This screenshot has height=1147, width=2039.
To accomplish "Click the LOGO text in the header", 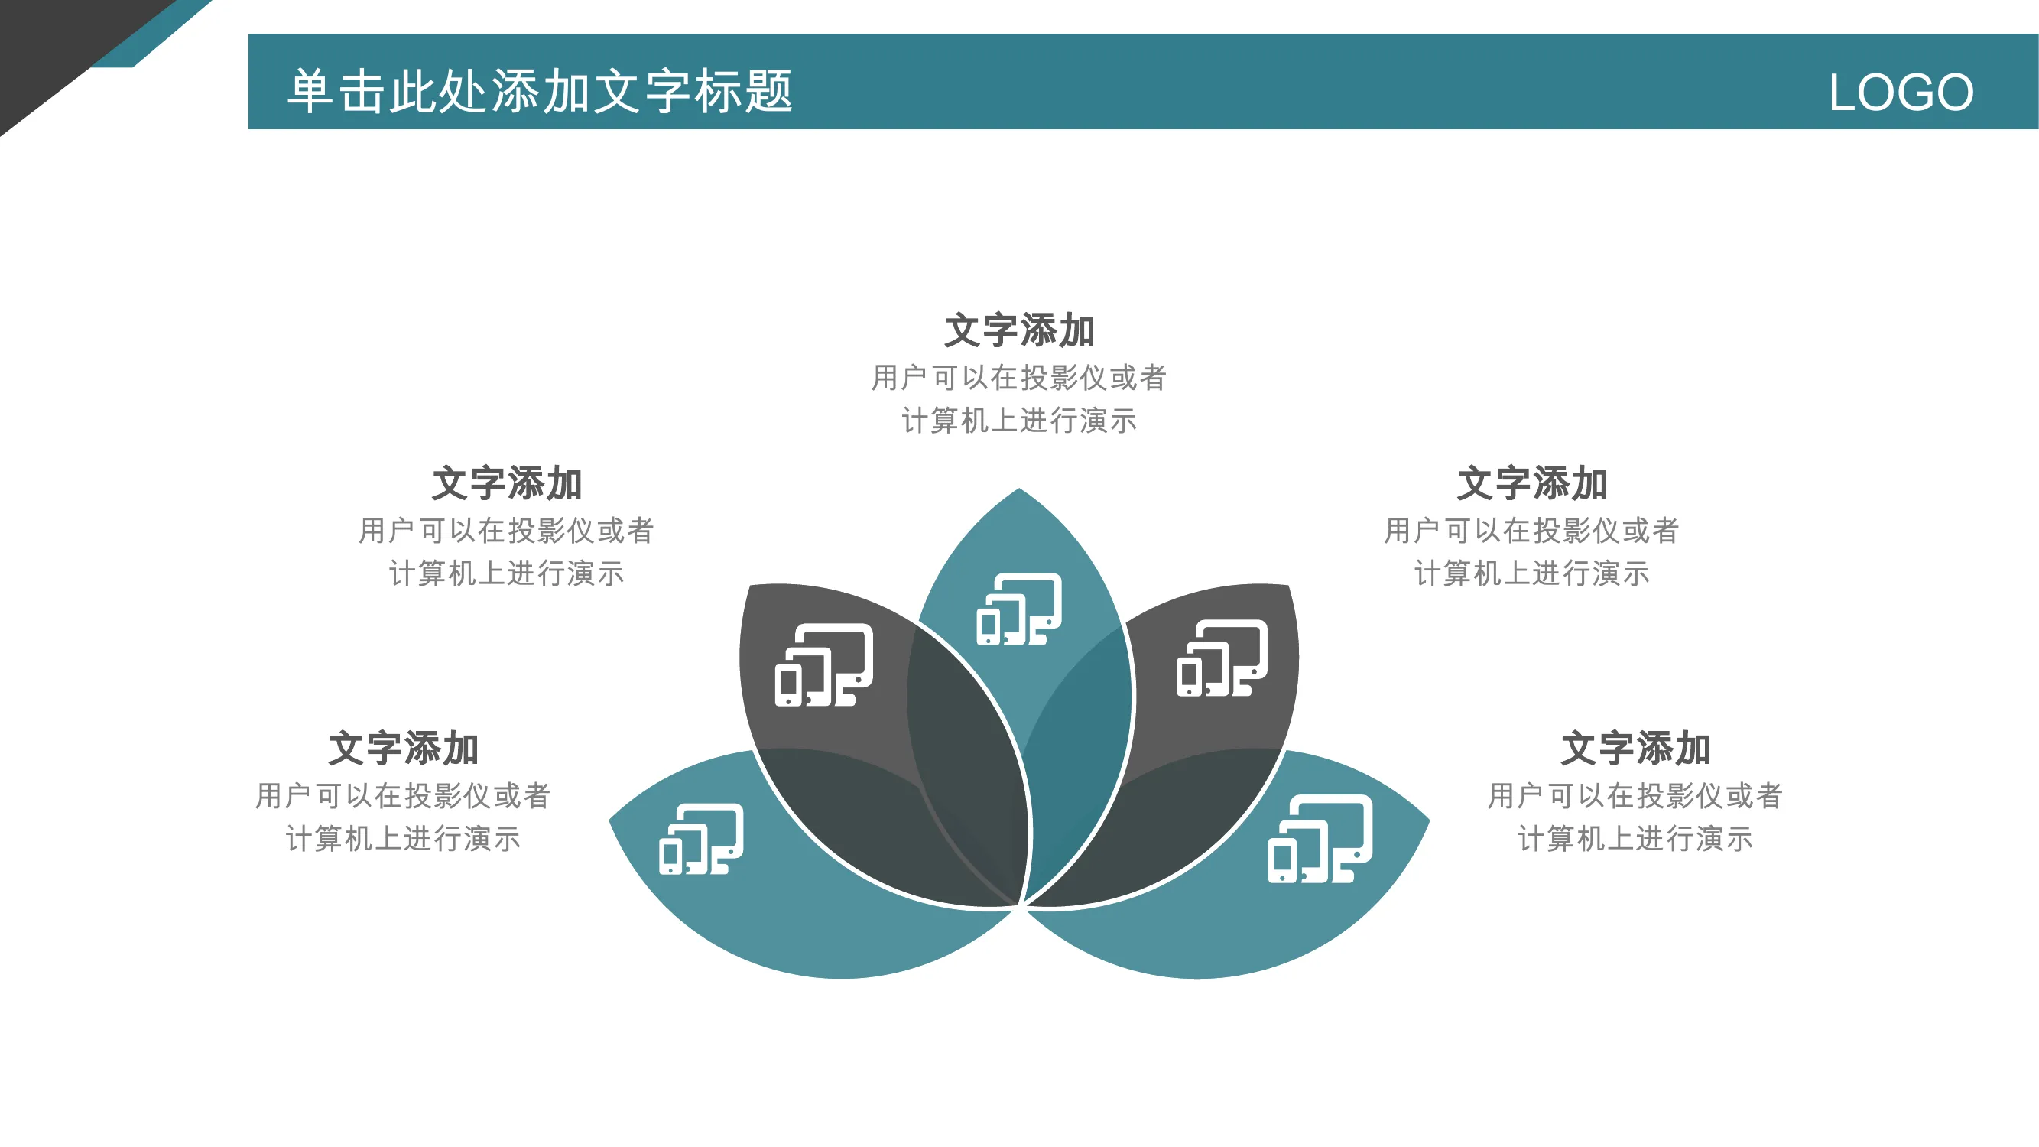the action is pyautogui.click(x=1901, y=93).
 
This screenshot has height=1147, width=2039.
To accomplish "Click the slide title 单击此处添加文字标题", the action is pyautogui.click(x=540, y=91).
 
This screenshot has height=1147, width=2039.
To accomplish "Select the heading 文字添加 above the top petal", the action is pyautogui.click(x=1020, y=330).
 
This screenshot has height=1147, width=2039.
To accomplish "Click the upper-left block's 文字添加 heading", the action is pyautogui.click(x=507, y=483).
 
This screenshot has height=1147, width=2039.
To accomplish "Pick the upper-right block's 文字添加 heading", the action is pyautogui.click(x=1531, y=483).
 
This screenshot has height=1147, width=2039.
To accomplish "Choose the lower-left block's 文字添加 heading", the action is pyautogui.click(x=404, y=748).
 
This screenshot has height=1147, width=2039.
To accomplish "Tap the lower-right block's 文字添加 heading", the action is pyautogui.click(x=1635, y=748).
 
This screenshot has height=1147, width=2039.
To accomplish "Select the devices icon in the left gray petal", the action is pyautogui.click(x=824, y=664).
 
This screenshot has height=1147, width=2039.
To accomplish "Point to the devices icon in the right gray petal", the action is pyautogui.click(x=1222, y=658).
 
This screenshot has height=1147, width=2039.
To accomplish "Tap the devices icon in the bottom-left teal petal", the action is pyautogui.click(x=701, y=838).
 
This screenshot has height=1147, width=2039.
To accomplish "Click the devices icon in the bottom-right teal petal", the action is pyautogui.click(x=1320, y=838).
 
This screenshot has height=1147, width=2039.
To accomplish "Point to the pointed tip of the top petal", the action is pyautogui.click(x=1020, y=489).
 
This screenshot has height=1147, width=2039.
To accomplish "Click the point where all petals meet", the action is pyautogui.click(x=1021, y=906).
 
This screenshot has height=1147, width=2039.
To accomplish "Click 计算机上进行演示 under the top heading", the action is pyautogui.click(x=1020, y=421).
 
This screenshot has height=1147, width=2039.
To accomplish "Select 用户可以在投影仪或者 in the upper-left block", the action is pyautogui.click(x=507, y=531).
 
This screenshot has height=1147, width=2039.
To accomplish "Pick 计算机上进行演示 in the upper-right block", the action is pyautogui.click(x=1531, y=573).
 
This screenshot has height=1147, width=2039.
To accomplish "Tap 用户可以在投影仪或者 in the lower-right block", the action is pyautogui.click(x=1635, y=795).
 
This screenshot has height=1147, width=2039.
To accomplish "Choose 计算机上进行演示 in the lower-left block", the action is pyautogui.click(x=404, y=838).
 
